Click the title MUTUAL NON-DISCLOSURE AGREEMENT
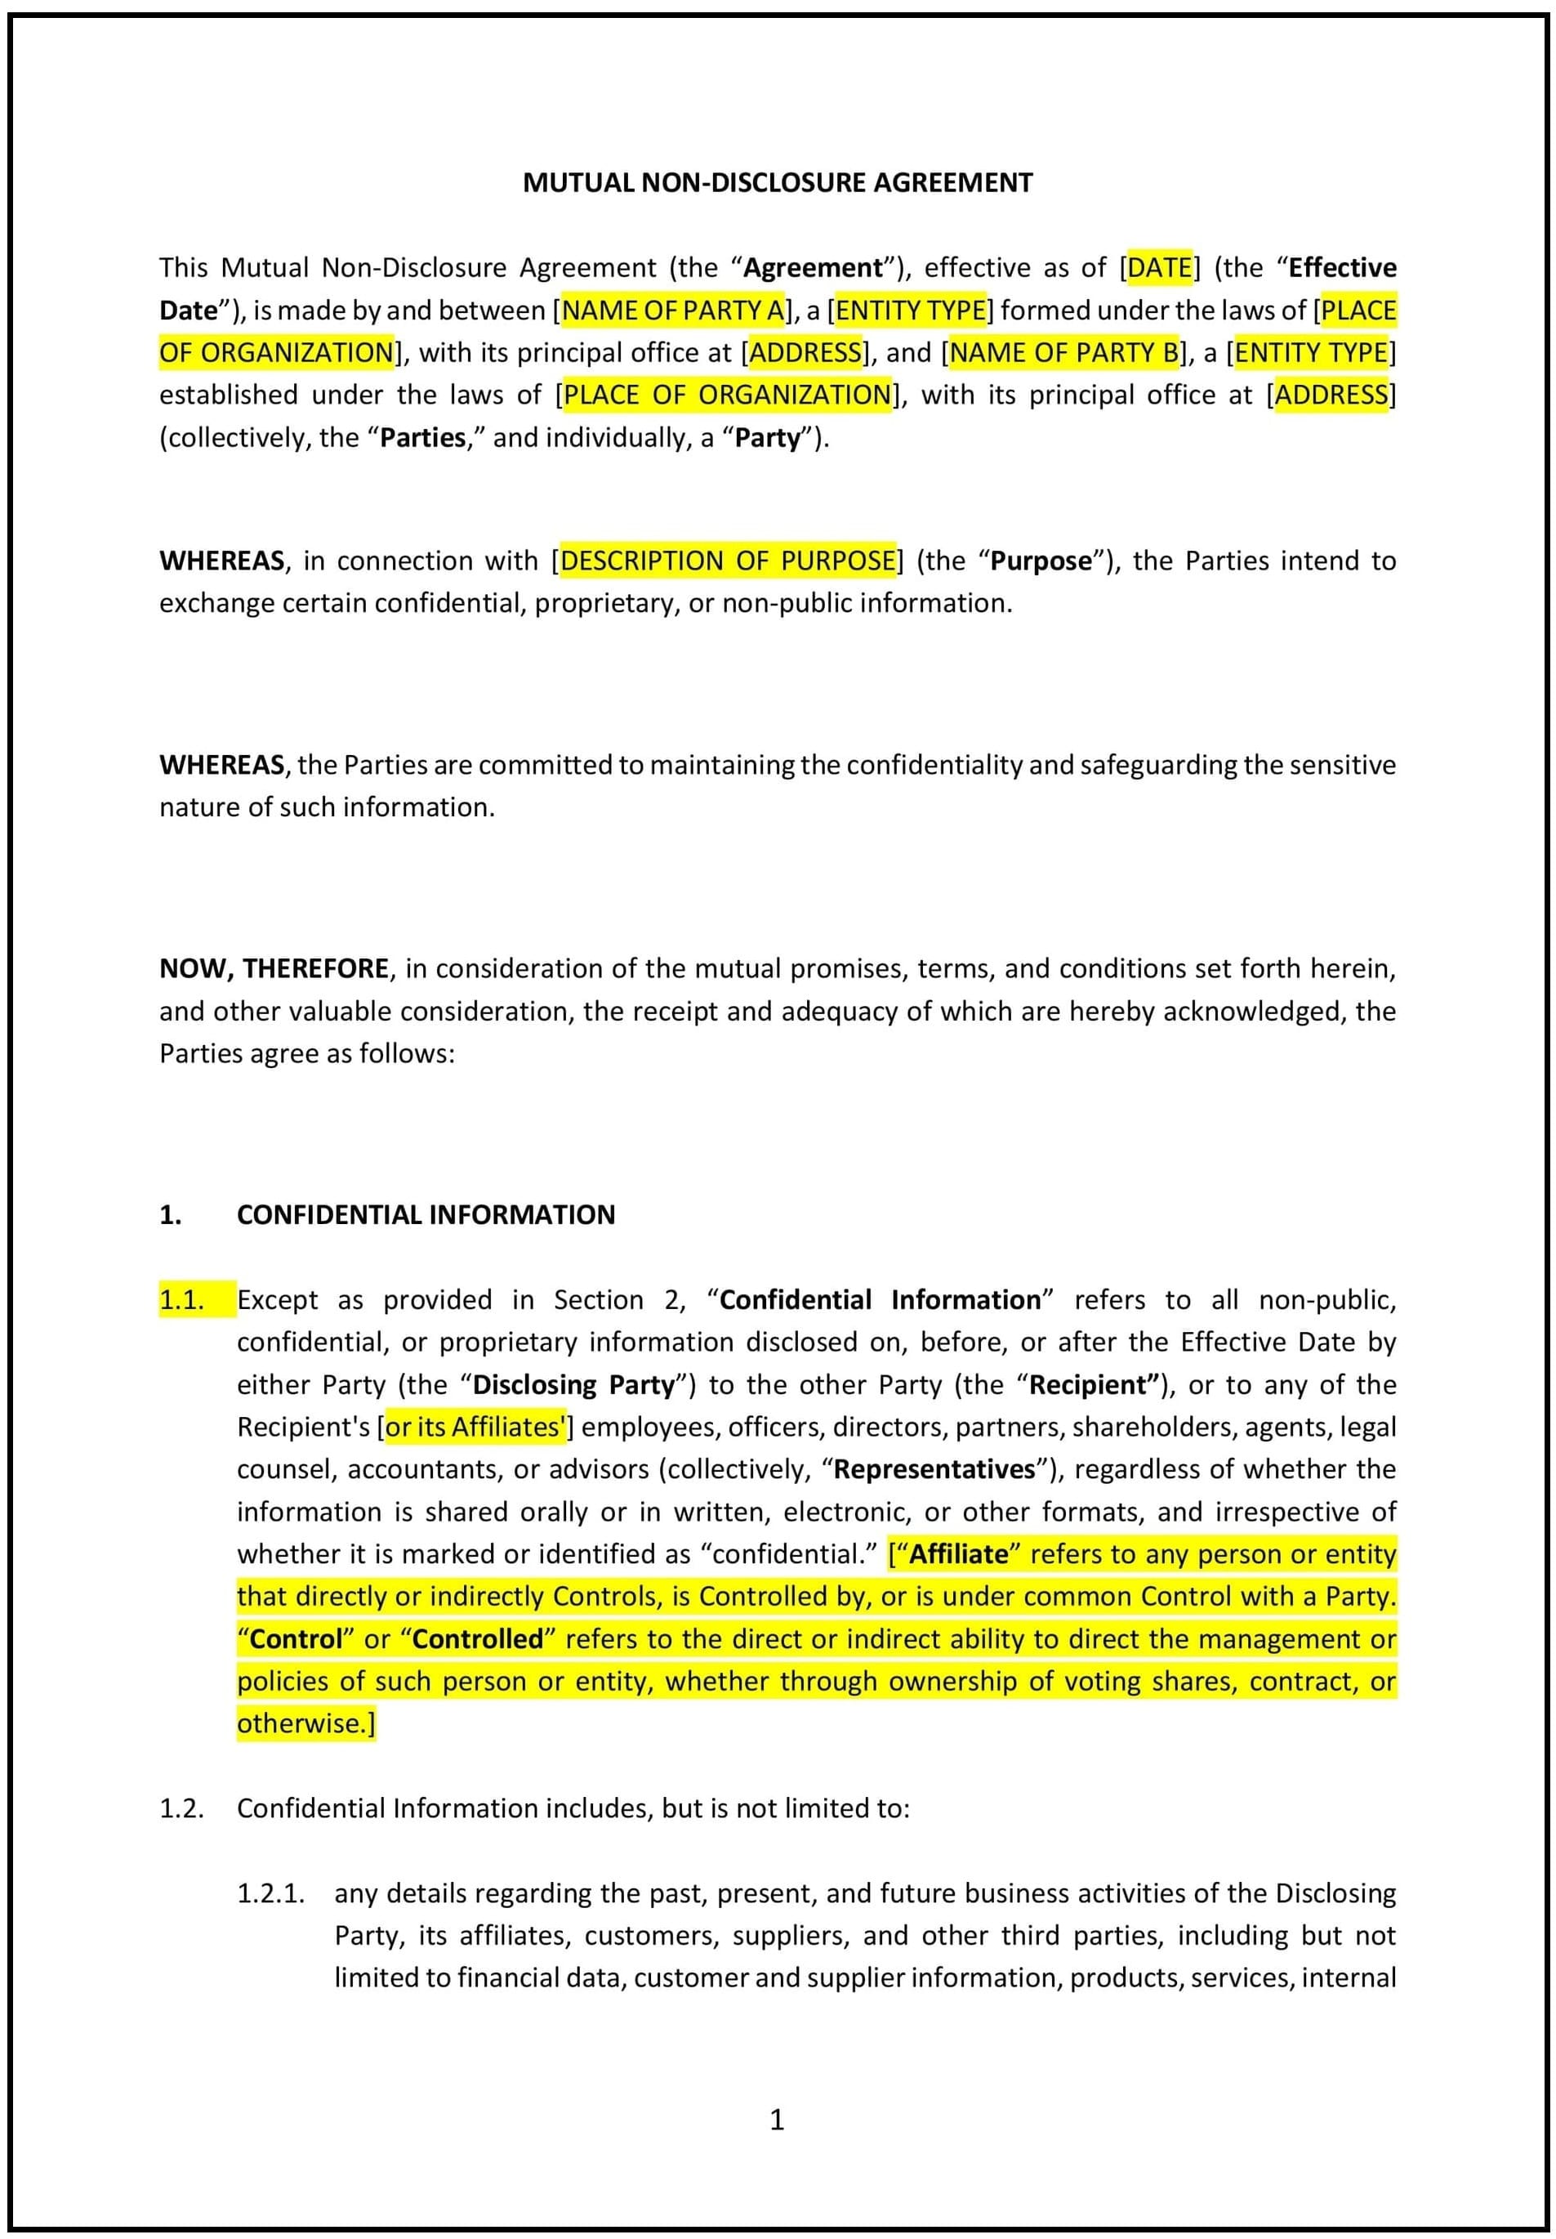777,182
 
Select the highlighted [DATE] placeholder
1159,267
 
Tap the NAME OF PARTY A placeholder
673,310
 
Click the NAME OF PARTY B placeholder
1063,352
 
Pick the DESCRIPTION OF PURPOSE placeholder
727,561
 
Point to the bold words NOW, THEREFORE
274,968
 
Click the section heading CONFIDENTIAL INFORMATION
426,1214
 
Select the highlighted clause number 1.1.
182,1300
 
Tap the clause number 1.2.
182,1808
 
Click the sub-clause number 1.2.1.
271,1893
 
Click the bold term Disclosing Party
573,1385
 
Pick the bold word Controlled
478,1639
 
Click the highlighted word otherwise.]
305,1724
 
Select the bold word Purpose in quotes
1041,561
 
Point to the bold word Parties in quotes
422,438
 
